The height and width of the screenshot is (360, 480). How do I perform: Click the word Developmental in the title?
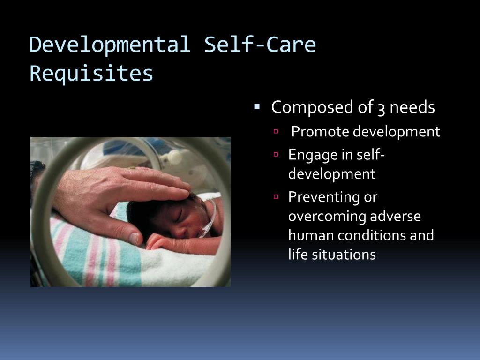pyautogui.click(x=110, y=45)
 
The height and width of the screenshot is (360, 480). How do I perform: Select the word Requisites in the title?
pyautogui.click(x=91, y=73)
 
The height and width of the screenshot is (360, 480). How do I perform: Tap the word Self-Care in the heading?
pyautogui.click(x=260, y=45)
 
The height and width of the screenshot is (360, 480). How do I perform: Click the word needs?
pyautogui.click(x=412, y=108)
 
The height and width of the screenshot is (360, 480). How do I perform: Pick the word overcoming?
pyautogui.click(x=327, y=216)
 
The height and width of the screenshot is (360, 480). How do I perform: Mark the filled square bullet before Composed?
pyautogui.click(x=257, y=106)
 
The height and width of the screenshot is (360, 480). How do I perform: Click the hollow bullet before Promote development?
pyautogui.click(x=277, y=132)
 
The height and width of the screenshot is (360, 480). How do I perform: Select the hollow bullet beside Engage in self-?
pyautogui.click(x=277, y=154)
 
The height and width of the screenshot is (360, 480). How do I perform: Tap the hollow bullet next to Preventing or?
pyautogui.click(x=277, y=196)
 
